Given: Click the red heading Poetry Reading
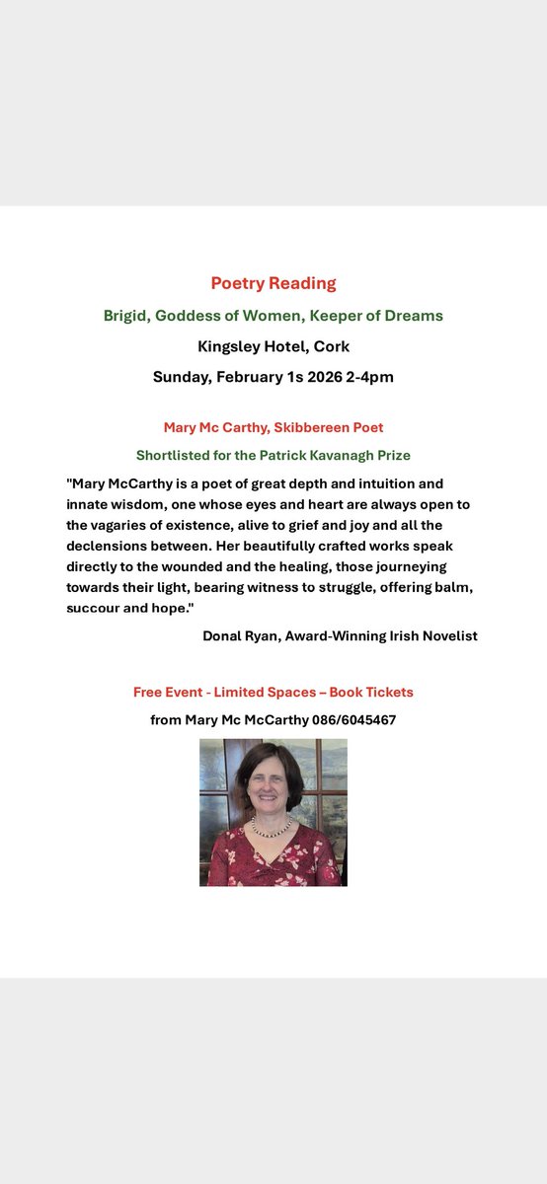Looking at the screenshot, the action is point(273,283).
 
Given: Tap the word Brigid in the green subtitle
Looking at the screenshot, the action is point(125,316).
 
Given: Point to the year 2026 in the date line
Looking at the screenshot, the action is point(320,377).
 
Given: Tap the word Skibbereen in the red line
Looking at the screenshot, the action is point(305,427).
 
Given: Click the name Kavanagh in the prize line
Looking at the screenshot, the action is point(337,455).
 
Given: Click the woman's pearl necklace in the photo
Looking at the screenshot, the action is point(272,829).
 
